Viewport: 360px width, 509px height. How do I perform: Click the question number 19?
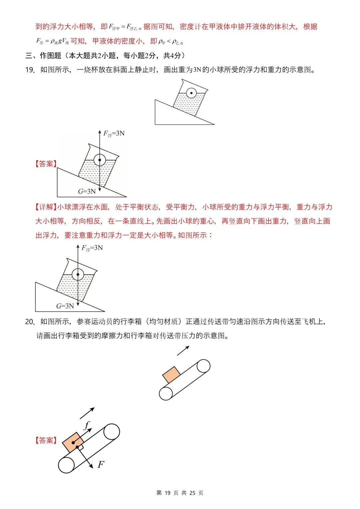coord(30,70)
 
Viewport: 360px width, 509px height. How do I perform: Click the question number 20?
coord(30,322)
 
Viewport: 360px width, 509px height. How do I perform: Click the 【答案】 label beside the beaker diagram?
coord(46,164)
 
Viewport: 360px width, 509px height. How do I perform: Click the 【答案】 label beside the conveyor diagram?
coord(46,440)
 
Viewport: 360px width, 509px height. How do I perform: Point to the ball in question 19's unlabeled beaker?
coord(191,93)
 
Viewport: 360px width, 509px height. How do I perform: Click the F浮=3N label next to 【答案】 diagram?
coord(114,134)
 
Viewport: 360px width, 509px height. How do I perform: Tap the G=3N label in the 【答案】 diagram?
coord(87,191)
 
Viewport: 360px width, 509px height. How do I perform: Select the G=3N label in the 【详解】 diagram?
coord(65,306)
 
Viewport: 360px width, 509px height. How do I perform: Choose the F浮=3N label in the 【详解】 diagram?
coord(92,248)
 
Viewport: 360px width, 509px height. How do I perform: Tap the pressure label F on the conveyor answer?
coord(101,464)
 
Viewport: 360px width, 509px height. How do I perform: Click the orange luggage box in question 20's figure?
coord(171,375)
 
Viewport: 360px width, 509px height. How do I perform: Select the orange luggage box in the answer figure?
coord(73,442)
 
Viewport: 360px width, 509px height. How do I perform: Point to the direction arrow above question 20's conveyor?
coord(183,350)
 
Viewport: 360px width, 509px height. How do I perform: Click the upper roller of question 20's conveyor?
coord(203,366)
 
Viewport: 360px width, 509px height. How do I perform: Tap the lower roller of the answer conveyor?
coord(66,465)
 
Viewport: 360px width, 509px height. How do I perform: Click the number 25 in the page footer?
coord(192,493)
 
